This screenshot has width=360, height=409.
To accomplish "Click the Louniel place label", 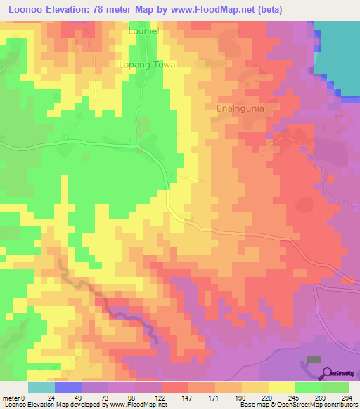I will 146,32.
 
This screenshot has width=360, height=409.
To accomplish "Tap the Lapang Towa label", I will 146,64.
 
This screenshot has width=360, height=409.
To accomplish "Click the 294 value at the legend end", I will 347,397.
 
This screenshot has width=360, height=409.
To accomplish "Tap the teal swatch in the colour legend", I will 41,387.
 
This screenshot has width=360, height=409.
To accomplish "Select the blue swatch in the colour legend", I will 67,387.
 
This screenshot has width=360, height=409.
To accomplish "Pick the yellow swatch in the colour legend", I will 281,387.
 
